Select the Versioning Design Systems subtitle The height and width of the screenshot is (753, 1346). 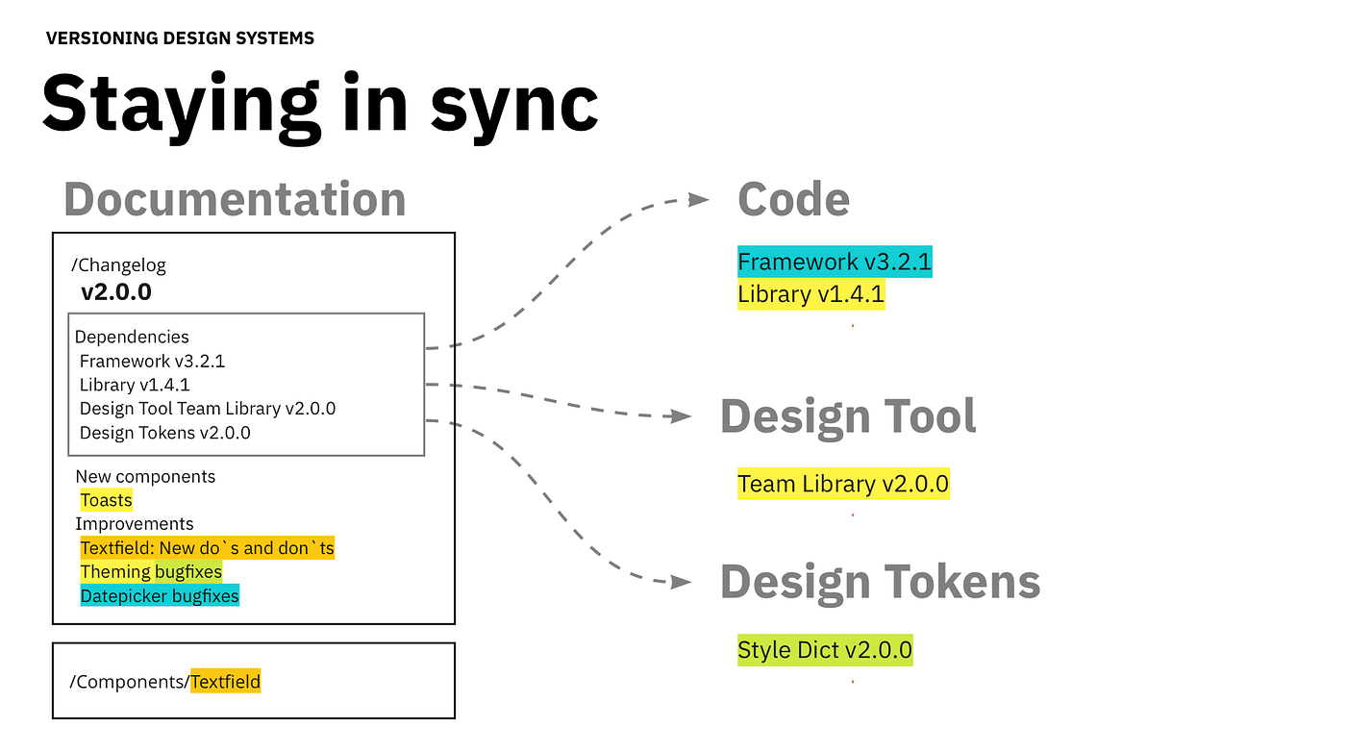point(180,38)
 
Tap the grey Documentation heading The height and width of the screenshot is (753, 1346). point(235,199)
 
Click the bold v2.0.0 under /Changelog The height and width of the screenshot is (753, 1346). point(115,291)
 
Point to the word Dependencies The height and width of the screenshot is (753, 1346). point(132,337)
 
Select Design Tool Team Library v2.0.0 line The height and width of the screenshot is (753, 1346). point(207,409)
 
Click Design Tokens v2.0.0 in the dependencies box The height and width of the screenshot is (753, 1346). point(164,433)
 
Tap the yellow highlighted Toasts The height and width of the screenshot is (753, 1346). point(106,500)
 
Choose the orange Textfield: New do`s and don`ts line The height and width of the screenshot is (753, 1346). point(207,548)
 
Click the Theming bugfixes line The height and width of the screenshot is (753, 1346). point(151,572)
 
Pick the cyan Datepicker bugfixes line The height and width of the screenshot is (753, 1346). point(159,596)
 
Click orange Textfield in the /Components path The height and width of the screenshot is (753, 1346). point(225,682)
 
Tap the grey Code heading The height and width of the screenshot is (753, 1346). point(793,199)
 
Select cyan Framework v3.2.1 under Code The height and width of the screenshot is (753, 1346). point(835,262)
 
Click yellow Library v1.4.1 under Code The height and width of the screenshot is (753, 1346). point(810,294)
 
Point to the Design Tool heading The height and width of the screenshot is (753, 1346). point(848,416)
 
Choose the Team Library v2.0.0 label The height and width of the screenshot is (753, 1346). point(843,484)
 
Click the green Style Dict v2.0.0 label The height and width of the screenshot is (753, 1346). point(824,651)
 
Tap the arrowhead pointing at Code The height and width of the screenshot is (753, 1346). point(699,199)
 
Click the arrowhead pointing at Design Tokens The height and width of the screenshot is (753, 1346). point(682,582)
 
